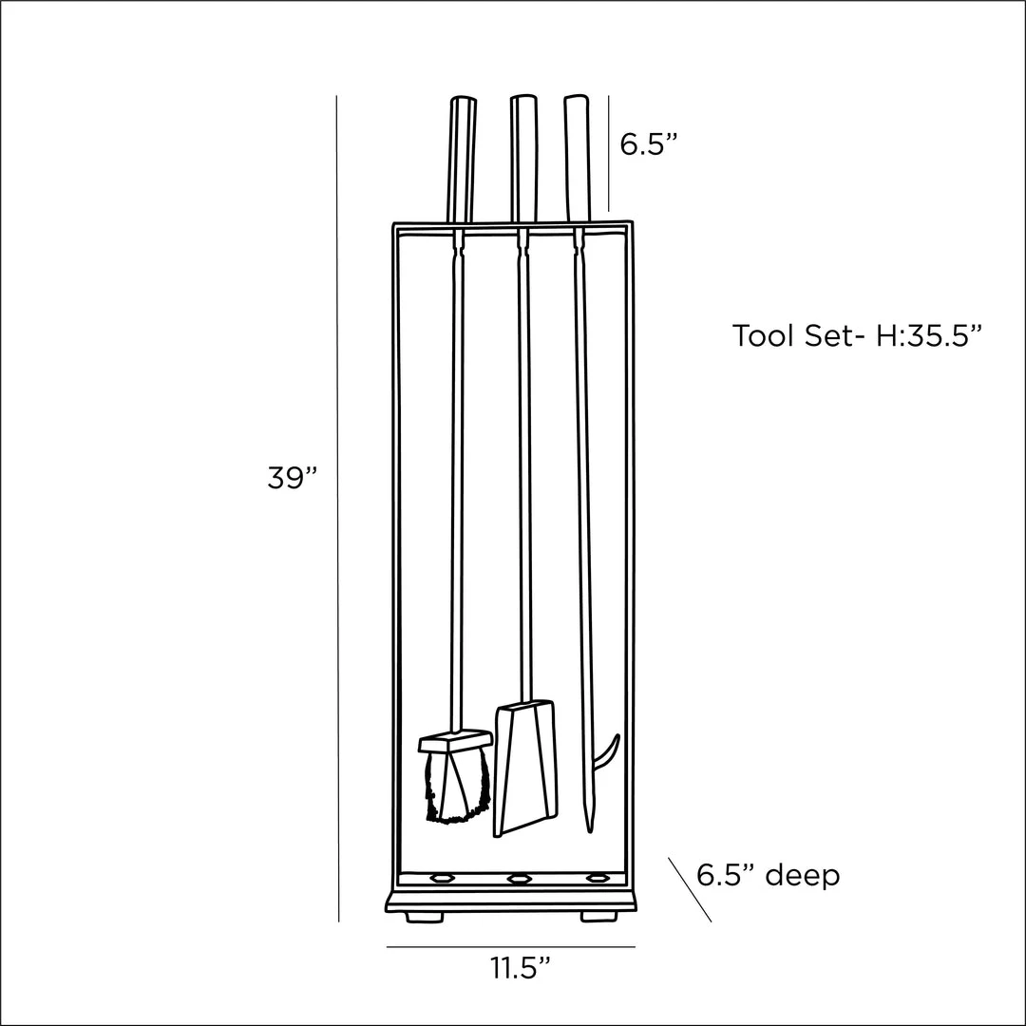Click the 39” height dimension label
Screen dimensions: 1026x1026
291,479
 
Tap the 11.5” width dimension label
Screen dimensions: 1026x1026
521,969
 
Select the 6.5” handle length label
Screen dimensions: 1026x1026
649,144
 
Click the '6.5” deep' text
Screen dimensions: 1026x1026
768,875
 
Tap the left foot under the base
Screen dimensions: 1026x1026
423,917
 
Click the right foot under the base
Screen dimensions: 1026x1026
596,917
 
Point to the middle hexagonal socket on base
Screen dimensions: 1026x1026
518,880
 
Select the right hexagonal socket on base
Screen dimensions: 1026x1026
596,880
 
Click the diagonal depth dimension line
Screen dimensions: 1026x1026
690,889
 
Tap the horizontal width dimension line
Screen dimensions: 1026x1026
510,946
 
